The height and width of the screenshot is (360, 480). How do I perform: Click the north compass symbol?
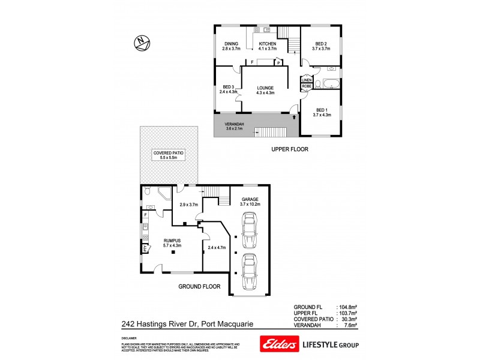142,42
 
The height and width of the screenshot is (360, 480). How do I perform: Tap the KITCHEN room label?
268,44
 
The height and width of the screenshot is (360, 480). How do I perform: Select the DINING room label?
232,44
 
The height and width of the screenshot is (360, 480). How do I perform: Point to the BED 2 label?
321,44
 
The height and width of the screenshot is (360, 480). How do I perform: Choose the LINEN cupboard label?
306,80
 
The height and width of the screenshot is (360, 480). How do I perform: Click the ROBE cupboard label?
306,86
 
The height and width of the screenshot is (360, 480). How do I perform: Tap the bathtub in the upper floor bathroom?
331,84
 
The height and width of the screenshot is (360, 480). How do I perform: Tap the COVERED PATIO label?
169,154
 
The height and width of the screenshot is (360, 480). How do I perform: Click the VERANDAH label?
235,124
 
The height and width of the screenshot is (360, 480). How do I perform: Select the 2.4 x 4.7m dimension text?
216,247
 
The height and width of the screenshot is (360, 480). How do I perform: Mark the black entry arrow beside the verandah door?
293,119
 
